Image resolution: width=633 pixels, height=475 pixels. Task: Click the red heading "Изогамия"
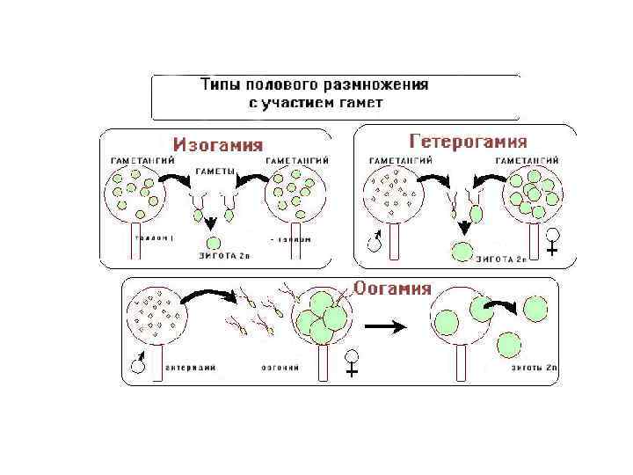point(217,143)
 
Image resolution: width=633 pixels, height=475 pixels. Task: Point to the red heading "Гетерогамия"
point(469,141)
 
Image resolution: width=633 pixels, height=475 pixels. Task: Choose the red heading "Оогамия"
point(392,289)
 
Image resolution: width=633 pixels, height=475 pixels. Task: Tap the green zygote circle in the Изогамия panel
point(212,242)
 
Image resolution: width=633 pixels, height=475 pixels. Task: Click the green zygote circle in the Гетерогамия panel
point(461,252)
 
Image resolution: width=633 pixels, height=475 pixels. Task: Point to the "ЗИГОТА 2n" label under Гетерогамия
point(500,259)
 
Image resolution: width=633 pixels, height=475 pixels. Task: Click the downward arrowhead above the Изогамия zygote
point(212,223)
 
